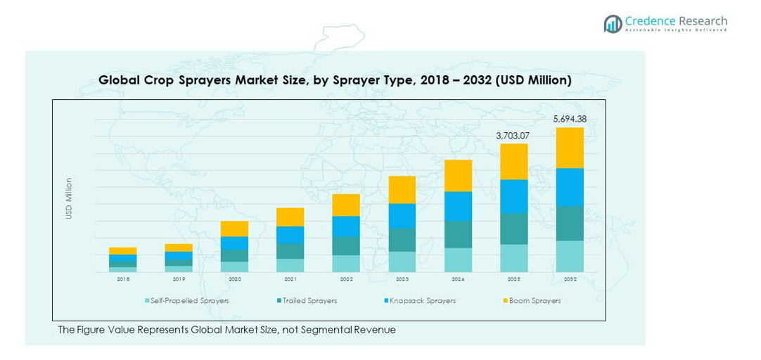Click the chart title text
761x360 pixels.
pos(335,81)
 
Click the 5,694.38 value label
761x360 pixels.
pos(570,119)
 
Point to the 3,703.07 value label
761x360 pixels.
pos(513,135)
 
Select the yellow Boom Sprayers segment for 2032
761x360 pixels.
pos(570,148)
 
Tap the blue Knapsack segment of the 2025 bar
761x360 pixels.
pos(514,196)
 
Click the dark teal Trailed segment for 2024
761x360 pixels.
pos(458,234)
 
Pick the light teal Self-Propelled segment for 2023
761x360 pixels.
pos(402,262)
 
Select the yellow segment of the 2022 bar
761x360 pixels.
pos(346,205)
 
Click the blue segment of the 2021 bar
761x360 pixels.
pos(290,235)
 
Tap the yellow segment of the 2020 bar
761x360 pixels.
pos(234,229)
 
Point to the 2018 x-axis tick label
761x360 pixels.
pos(123,280)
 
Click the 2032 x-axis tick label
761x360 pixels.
pos(570,280)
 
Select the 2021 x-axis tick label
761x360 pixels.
pos(290,280)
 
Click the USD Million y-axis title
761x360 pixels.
pos(69,198)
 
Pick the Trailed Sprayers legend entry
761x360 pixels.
pos(309,301)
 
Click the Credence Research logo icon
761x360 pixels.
pos(612,24)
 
